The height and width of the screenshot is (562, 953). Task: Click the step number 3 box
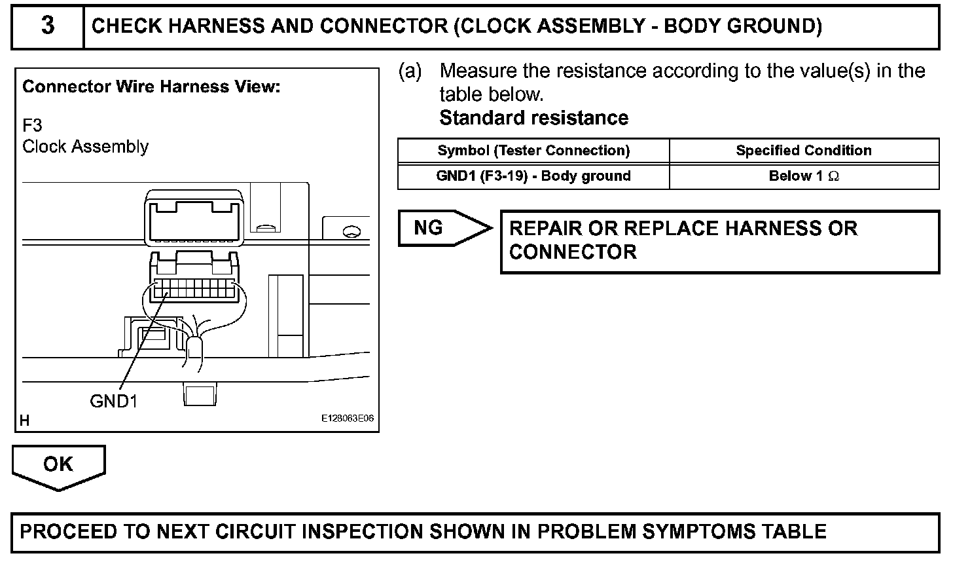click(x=48, y=27)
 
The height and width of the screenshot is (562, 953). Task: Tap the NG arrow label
click(x=429, y=228)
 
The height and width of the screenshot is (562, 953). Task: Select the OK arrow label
click(x=58, y=464)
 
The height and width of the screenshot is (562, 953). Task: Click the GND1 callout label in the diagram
click(x=113, y=400)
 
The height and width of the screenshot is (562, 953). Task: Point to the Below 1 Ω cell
click(x=803, y=176)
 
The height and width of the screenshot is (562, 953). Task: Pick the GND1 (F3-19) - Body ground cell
click(x=533, y=176)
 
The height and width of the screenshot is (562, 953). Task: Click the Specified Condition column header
click(x=803, y=151)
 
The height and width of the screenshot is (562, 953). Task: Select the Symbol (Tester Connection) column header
click(x=533, y=151)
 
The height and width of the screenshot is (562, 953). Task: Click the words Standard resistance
click(x=533, y=118)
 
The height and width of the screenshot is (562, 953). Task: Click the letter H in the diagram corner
click(x=25, y=421)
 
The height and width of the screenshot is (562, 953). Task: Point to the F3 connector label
click(x=32, y=125)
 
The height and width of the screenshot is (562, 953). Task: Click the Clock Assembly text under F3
click(x=85, y=146)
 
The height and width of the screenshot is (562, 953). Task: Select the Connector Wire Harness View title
click(x=151, y=87)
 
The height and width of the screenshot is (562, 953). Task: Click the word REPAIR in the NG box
click(x=545, y=229)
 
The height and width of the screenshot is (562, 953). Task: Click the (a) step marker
click(x=410, y=71)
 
